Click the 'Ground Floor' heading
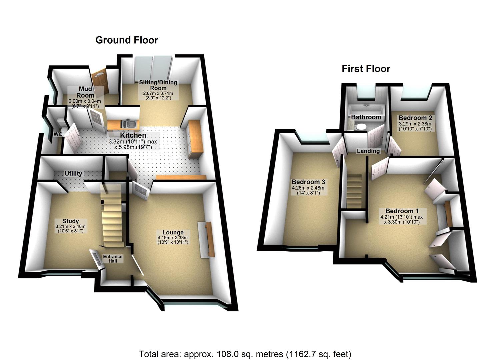point(126,40)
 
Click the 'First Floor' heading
point(366,69)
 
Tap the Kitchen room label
point(133,135)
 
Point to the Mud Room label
point(85,92)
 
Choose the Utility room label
point(73,173)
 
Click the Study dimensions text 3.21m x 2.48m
point(71,226)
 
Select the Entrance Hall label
point(112,259)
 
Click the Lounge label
point(173,232)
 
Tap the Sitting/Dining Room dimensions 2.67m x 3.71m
point(158,94)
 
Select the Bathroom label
point(366,117)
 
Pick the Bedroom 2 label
point(415,118)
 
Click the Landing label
point(368,151)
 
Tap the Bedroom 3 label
point(308,182)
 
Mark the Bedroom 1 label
point(402,211)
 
